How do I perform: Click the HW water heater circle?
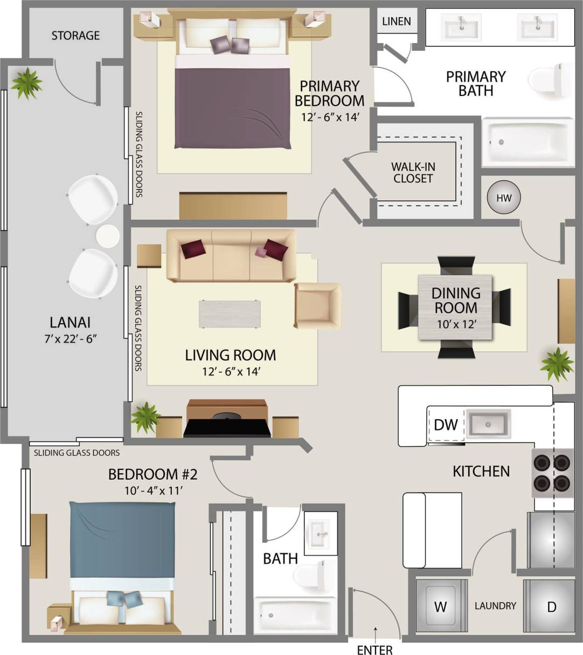(504, 198)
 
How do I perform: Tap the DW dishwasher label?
(446, 425)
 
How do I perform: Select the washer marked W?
(441, 606)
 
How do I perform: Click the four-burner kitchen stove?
(553, 472)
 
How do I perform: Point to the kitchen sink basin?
(488, 424)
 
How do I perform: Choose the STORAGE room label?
(75, 36)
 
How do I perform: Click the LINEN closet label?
(397, 22)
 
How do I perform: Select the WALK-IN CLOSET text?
(413, 173)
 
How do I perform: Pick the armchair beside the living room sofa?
(317, 305)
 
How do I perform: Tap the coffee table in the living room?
(230, 314)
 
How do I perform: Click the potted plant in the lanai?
(26, 83)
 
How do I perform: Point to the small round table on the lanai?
(107, 236)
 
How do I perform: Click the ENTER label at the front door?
(374, 650)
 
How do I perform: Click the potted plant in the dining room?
(557, 364)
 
